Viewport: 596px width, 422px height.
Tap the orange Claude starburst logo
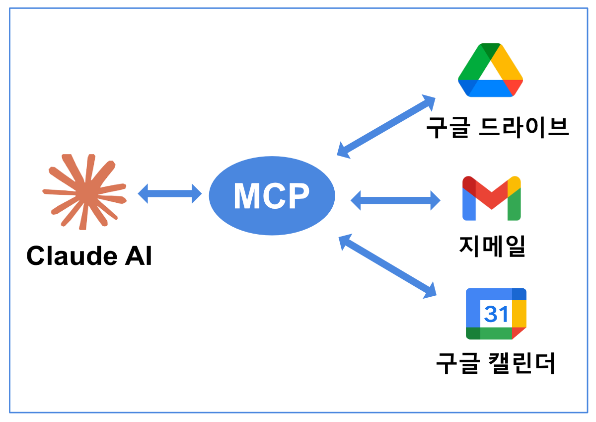(84, 192)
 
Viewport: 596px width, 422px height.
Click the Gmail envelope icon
(491, 198)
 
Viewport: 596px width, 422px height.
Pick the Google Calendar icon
(496, 314)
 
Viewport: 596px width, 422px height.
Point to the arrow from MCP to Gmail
(395, 201)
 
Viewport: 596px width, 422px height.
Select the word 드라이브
(525, 128)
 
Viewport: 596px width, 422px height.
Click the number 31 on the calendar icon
(496, 314)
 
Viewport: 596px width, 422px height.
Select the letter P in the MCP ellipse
(298, 196)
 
